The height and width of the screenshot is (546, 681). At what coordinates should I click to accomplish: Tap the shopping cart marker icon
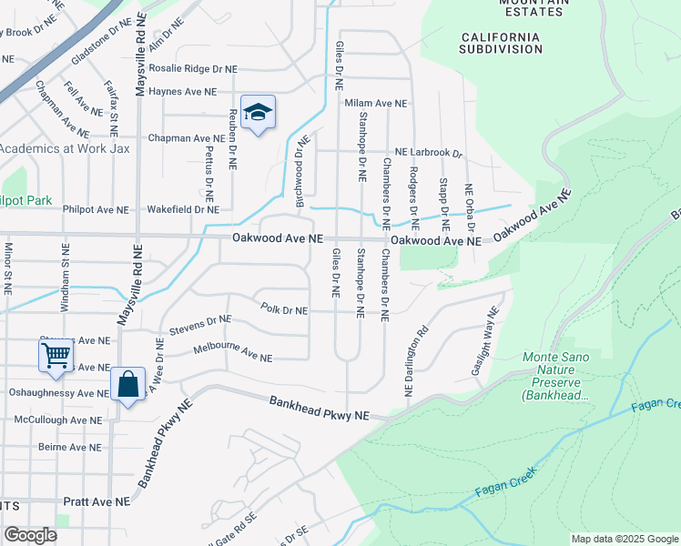[x=56, y=355]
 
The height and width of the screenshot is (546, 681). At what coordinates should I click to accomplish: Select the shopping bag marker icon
[x=128, y=385]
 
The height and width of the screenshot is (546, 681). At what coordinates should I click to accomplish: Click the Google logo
[x=30, y=535]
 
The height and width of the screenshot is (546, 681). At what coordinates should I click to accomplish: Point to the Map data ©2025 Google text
[x=625, y=539]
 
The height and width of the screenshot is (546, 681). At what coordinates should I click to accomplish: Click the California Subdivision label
[x=501, y=43]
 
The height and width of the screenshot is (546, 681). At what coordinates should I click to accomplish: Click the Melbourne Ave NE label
[x=232, y=354]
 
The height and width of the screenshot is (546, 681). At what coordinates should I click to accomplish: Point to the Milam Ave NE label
[x=376, y=103]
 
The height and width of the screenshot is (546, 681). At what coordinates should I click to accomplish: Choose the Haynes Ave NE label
[x=182, y=92]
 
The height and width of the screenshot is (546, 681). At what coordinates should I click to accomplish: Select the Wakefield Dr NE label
[x=183, y=209]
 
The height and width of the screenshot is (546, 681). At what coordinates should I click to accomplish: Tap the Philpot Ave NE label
[x=96, y=210]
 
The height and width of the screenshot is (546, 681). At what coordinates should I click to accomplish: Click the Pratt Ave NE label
[x=97, y=501]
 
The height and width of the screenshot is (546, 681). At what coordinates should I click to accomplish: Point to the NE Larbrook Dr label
[x=428, y=154]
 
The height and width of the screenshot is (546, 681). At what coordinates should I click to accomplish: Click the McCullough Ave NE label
[x=57, y=420]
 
